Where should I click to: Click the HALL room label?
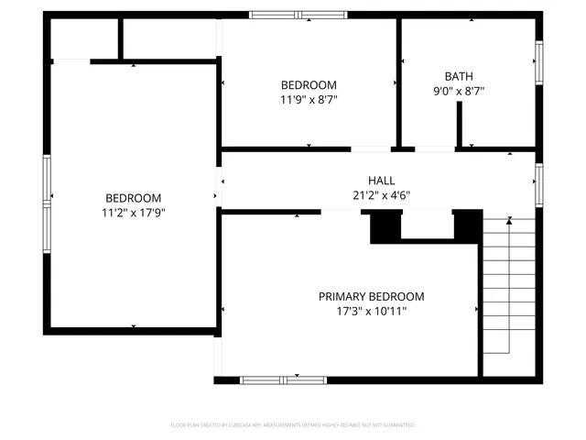coord(381,181)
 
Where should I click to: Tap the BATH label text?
coord(460,77)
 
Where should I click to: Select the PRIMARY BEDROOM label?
coord(372,296)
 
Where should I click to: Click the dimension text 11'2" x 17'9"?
coord(134,212)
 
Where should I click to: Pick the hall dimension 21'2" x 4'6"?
coord(381,195)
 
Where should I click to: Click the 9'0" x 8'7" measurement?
coord(460,91)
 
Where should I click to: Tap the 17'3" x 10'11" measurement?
coord(372,311)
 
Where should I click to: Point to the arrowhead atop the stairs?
coord(509,220)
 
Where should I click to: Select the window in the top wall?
coord(293,15)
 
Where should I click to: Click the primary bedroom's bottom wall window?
coord(284,379)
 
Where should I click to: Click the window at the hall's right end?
coord(539,182)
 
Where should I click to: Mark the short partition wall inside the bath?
coord(460,124)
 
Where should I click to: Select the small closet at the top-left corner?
coord(85,38)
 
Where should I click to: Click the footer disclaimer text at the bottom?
coord(293,425)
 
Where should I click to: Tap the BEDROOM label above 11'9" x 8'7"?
coord(309,84)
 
